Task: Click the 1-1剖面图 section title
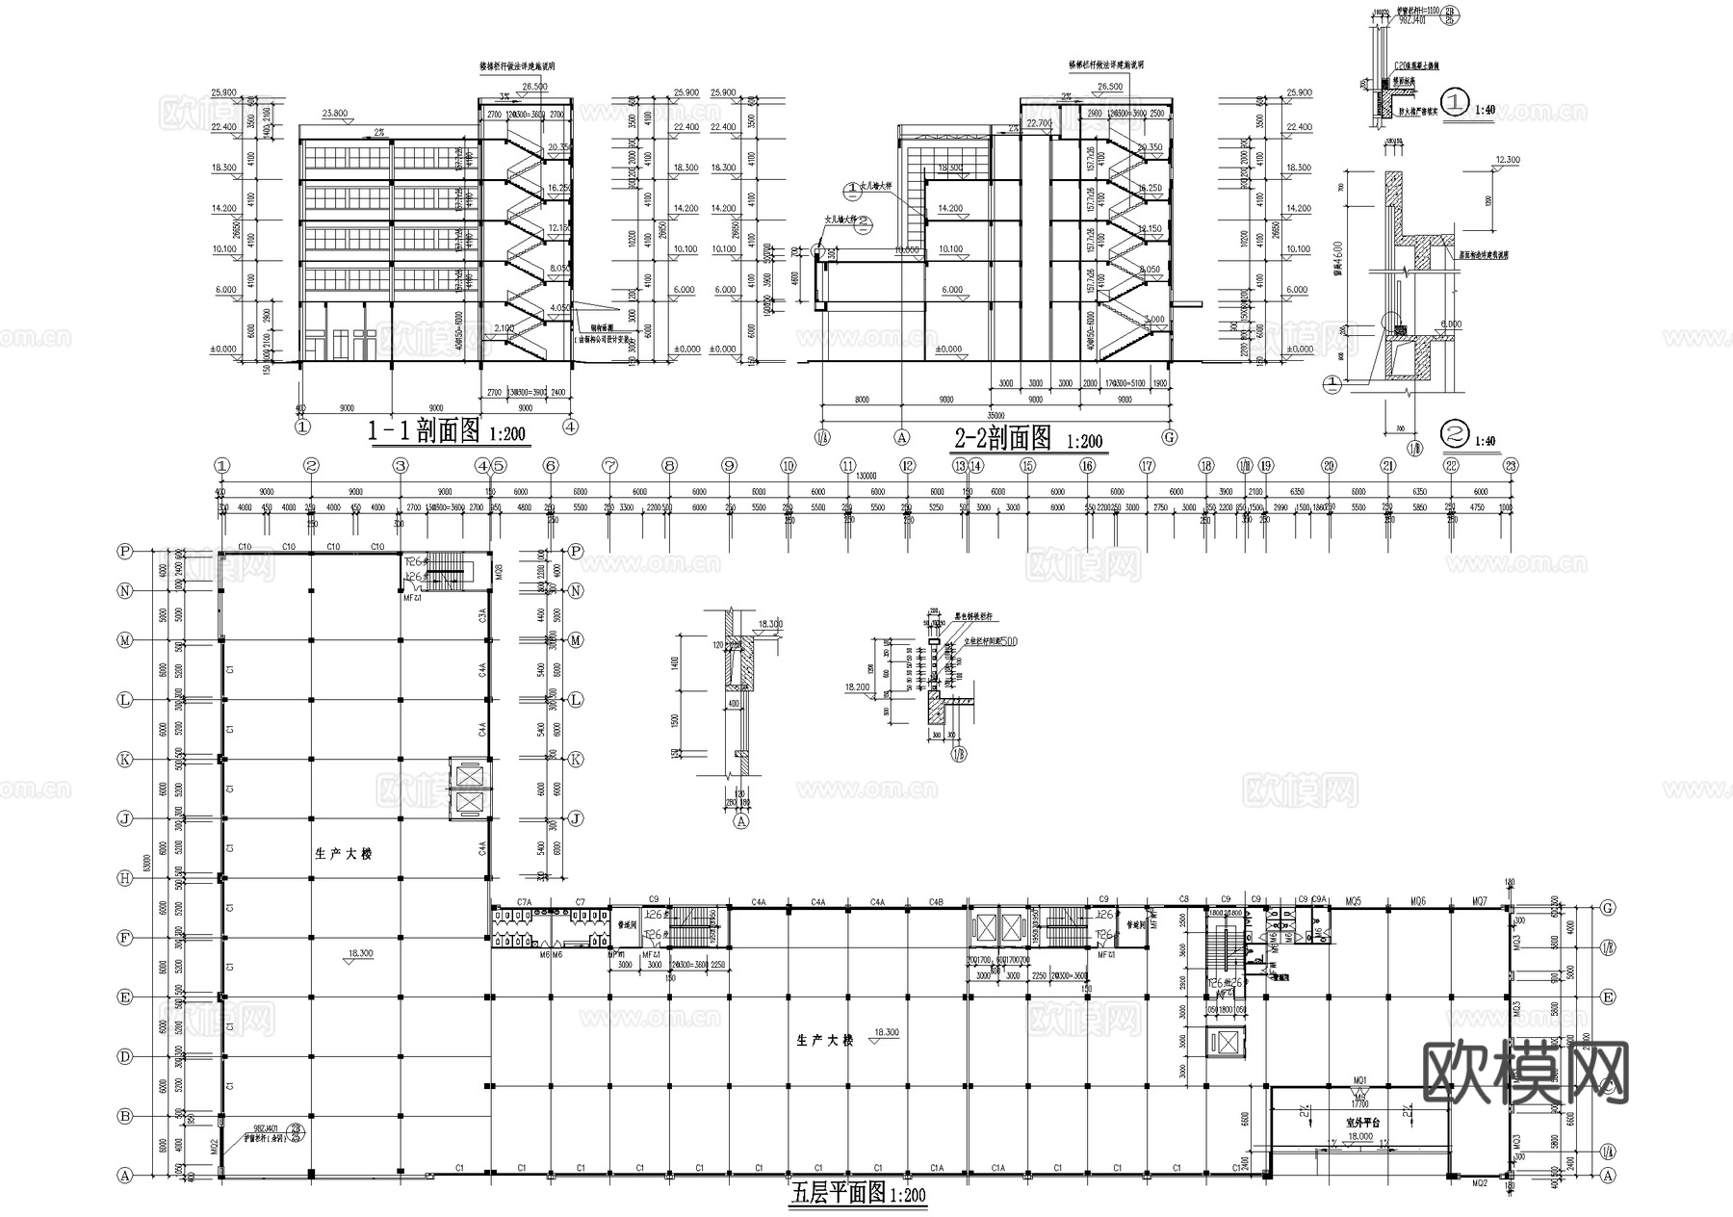click(424, 432)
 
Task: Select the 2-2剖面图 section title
click(1002, 439)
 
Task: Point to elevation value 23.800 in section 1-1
click(334, 114)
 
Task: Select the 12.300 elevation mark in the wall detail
click(1507, 160)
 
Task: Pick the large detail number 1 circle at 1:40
click(1456, 101)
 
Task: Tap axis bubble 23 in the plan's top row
click(1511, 466)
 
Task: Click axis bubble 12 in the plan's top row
click(907, 466)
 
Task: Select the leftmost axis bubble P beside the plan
click(124, 552)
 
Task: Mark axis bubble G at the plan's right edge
click(1607, 908)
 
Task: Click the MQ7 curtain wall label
click(1480, 901)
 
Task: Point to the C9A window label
click(1319, 899)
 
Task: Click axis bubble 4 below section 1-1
click(571, 426)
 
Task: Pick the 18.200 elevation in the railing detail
click(856, 687)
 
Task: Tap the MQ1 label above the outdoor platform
click(1360, 1080)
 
